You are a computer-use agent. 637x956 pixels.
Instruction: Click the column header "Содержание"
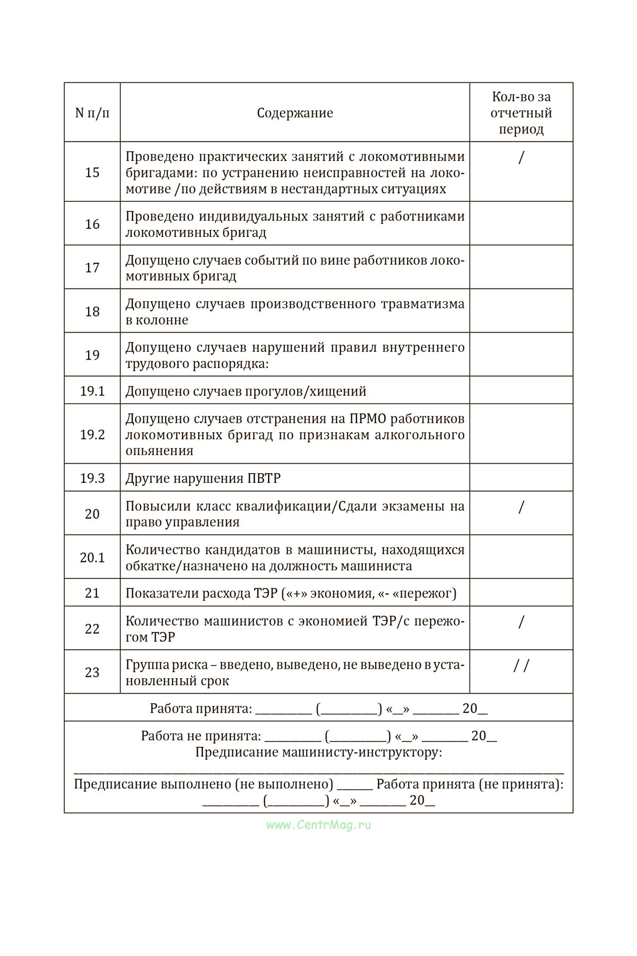pos(295,113)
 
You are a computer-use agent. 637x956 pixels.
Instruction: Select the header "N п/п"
pos(92,113)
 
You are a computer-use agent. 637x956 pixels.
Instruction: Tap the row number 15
pos(92,173)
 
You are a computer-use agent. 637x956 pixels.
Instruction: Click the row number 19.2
pos(92,434)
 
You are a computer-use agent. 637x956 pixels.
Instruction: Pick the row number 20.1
pos(92,558)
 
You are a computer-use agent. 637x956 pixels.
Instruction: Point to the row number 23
pos(92,672)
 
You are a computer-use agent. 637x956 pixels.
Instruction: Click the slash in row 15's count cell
pos(521,157)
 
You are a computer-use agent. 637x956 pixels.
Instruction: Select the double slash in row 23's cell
pos(521,665)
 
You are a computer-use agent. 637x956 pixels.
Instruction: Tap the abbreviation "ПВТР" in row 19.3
pos(264,479)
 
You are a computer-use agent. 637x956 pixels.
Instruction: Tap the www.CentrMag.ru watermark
pos(318,825)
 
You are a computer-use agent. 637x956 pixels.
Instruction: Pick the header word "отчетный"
pos(521,113)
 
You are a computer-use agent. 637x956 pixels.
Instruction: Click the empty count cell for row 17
pos(521,267)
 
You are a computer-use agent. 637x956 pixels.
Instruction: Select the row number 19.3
pos(92,479)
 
